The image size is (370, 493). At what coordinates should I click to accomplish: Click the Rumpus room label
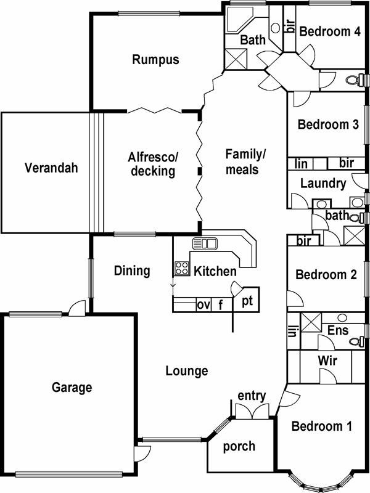click(155, 60)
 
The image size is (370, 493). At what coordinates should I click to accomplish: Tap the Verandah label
click(51, 168)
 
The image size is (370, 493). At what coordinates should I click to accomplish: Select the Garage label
click(72, 388)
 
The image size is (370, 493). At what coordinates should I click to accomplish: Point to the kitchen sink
click(205, 243)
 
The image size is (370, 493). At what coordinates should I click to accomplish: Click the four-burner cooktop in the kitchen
click(182, 268)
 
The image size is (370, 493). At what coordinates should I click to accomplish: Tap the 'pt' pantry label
click(247, 301)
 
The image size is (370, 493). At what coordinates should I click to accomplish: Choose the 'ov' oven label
click(203, 304)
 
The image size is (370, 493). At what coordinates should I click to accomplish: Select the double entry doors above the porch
click(252, 411)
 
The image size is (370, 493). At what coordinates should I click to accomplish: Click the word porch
click(239, 446)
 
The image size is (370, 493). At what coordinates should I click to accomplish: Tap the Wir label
click(327, 361)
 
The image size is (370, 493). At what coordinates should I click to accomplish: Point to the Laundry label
click(323, 183)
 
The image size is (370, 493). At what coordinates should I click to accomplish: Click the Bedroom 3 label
click(328, 124)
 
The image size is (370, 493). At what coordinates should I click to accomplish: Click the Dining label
click(132, 271)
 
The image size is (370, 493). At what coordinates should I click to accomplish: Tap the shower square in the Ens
click(311, 322)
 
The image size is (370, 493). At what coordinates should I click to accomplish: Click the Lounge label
click(187, 371)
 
